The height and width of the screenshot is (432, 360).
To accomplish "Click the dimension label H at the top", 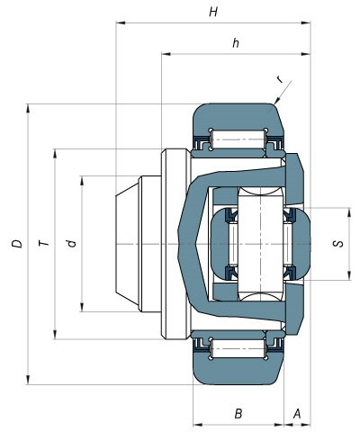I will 212,13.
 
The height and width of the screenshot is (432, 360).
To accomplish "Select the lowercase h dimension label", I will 235,43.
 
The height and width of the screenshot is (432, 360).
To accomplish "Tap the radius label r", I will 280,80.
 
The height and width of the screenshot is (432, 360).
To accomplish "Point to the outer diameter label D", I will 16,244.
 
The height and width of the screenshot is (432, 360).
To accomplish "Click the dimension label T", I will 41,244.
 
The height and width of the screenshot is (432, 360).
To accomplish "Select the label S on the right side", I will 337,244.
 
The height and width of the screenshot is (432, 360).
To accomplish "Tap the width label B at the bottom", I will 238,413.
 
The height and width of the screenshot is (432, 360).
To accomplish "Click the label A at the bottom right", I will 296,413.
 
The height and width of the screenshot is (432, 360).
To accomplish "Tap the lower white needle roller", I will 238,348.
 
